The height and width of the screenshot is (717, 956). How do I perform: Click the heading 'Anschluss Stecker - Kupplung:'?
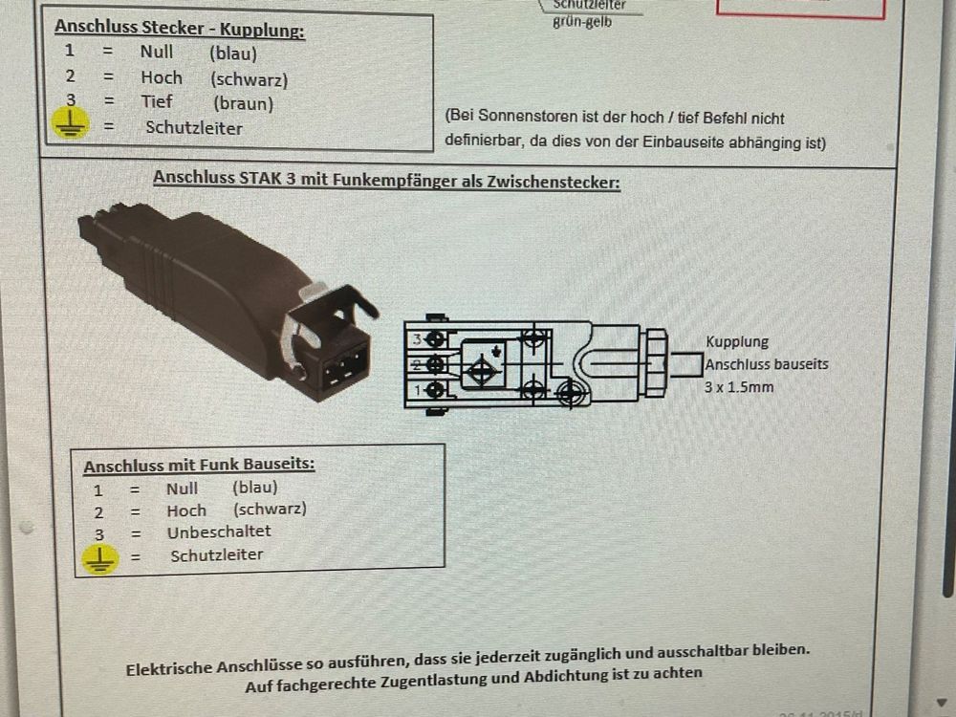179,30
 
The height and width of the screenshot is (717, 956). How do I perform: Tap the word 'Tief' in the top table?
156,101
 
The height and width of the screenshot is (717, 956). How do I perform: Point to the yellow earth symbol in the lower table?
99,558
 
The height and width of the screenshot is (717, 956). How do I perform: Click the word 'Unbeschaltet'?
219,532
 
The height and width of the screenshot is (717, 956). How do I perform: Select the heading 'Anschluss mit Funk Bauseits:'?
199,466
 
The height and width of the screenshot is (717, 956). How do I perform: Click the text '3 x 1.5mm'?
739,387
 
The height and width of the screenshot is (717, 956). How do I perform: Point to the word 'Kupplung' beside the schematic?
737,341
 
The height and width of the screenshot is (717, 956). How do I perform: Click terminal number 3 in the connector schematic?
417,339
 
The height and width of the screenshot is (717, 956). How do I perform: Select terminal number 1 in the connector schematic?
417,390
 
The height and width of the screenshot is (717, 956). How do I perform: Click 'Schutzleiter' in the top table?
194,127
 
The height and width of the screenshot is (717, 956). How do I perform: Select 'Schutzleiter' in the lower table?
216,554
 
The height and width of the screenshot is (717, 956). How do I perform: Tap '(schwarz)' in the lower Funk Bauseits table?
270,510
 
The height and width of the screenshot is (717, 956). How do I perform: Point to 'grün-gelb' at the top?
582,21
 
